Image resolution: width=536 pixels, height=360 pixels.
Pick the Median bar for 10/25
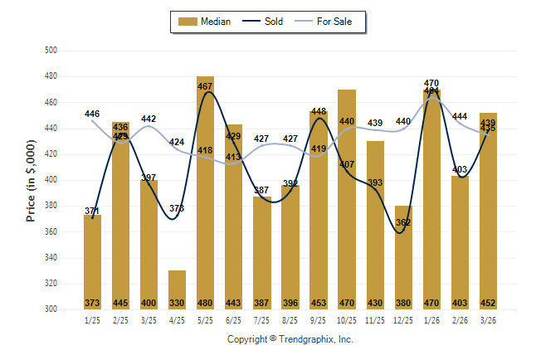coord(347,199)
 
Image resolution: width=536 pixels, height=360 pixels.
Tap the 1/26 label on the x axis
coord(431,319)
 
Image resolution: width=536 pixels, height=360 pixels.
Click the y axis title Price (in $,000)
coord(31,180)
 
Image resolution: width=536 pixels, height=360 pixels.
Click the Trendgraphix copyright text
coord(290,339)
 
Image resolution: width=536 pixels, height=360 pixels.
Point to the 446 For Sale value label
coord(92,114)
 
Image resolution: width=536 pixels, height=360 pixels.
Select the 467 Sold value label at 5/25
coord(205,86)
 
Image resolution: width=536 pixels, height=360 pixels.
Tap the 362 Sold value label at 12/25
coord(403,222)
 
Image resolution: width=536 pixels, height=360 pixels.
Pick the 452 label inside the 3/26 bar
coord(488,303)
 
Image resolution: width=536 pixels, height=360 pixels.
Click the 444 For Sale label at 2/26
coord(460,117)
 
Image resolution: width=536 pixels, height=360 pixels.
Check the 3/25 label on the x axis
coord(149,319)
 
